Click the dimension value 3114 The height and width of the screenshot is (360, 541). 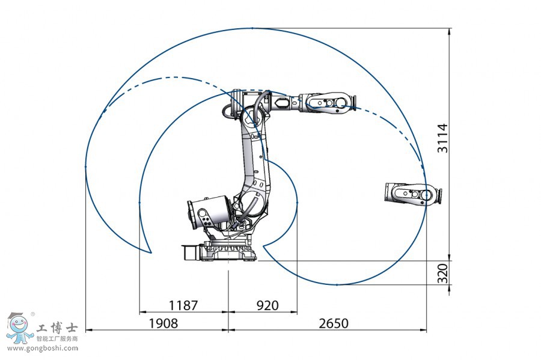coord(442,138)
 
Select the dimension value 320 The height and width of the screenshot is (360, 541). coord(442,273)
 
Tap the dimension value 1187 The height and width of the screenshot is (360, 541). coord(183,305)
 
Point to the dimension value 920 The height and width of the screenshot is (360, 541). coord(267,305)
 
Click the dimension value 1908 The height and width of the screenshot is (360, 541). coord(163,323)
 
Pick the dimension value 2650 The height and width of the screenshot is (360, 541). coord(333,323)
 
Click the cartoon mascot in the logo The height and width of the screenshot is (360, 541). coord(20,328)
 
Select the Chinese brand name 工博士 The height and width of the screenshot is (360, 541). coord(57,328)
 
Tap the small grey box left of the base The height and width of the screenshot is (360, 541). coord(189,252)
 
